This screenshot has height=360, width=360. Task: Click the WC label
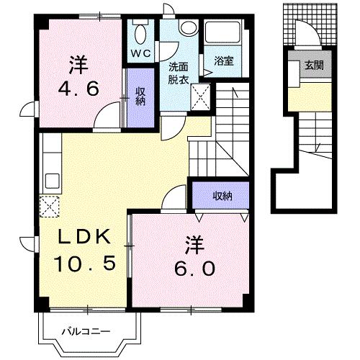[x=141, y=53]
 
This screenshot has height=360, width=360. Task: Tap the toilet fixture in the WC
[x=140, y=33]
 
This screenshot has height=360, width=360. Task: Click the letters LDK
[x=83, y=238]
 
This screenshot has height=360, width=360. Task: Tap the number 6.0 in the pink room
[x=194, y=267]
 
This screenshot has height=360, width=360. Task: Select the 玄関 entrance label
[x=313, y=66]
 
